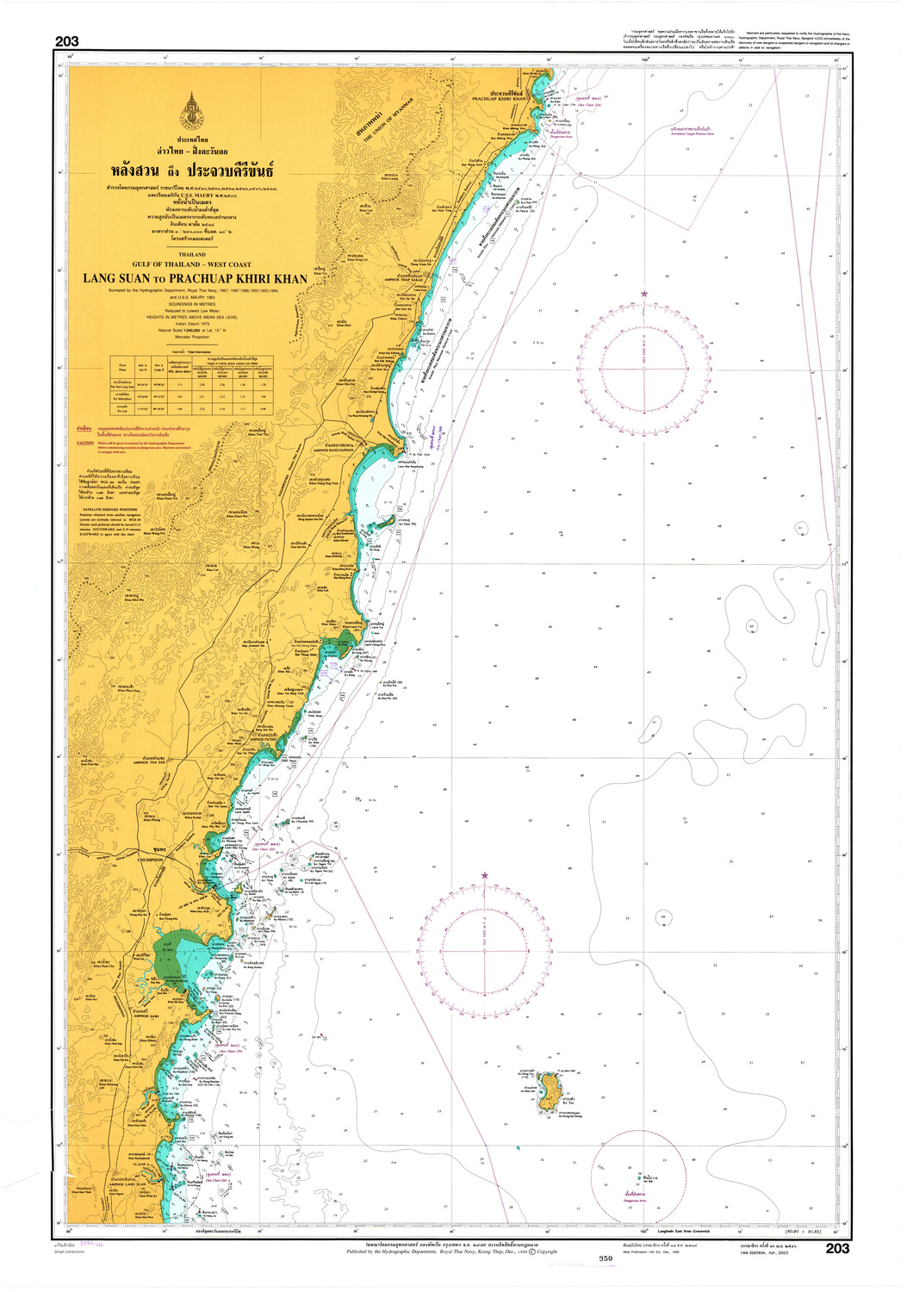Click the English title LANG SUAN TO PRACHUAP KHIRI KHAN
[x=195, y=279]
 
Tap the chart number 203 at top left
[x=66, y=41]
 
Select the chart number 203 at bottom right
[x=836, y=1249]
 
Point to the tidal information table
[x=191, y=385]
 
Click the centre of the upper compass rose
[x=643, y=368]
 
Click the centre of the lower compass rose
[x=484, y=950]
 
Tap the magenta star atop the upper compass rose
[x=643, y=295]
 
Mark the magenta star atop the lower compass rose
[x=484, y=876]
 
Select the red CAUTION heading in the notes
[x=85, y=443]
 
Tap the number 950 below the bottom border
[x=605, y=1258]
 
